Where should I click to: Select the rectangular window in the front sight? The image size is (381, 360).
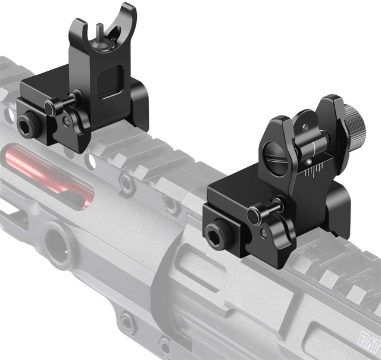click(x=108, y=81)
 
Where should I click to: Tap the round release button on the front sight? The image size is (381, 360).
click(x=76, y=96)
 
